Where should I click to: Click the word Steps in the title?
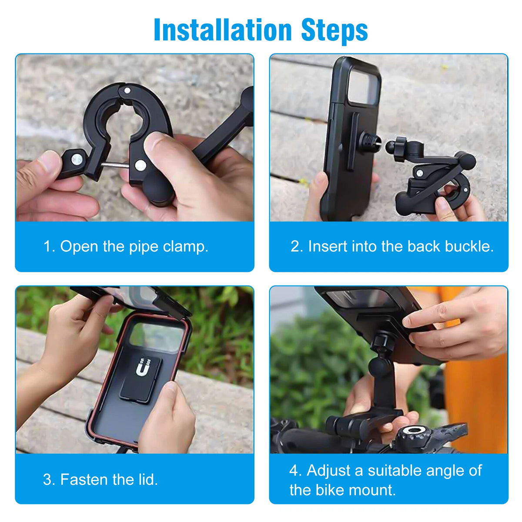tap(335, 30)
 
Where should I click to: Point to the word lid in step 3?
tap(148, 479)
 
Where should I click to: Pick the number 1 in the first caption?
tap(48, 247)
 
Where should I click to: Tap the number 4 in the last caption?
tap(294, 470)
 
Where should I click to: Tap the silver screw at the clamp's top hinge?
tap(127, 90)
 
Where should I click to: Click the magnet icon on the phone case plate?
tap(142, 368)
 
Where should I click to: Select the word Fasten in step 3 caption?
tap(84, 479)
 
